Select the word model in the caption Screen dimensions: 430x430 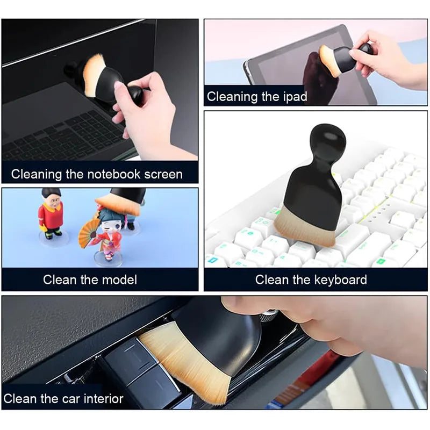[119, 279]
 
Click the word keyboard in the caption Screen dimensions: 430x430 [341, 279]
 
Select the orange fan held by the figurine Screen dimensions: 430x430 [88, 232]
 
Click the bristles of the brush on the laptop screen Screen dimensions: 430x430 [95, 73]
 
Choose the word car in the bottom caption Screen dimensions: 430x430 [64, 399]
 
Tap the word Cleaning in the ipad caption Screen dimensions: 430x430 [232, 97]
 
